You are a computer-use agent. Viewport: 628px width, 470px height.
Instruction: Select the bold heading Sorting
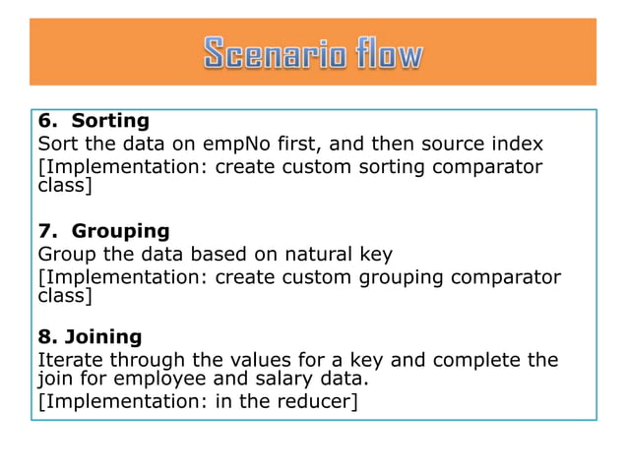click(x=110, y=121)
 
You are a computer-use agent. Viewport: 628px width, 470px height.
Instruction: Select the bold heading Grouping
click(x=120, y=231)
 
